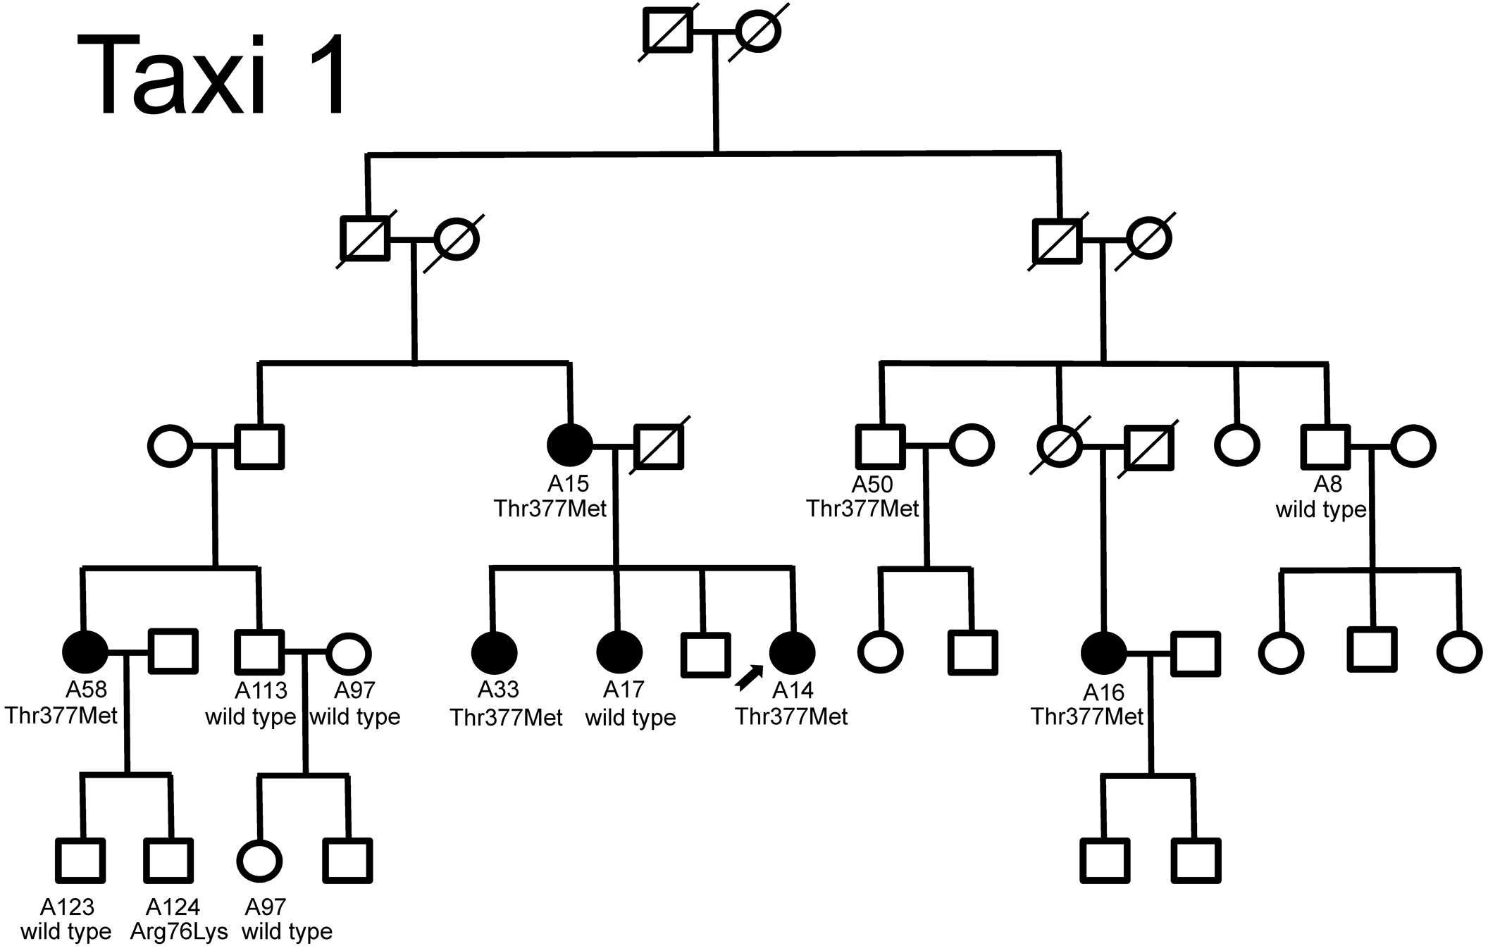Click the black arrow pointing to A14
[748, 678]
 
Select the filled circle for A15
[570, 445]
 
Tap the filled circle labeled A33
[494, 653]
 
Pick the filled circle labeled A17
[619, 652]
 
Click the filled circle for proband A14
[793, 652]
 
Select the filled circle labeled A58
[85, 652]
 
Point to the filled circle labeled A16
[1103, 653]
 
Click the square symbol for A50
[881, 447]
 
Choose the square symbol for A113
[259, 652]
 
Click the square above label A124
[169, 860]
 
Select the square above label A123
[80, 860]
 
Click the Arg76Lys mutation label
[179, 931]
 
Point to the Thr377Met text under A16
[1087, 717]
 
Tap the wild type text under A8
[1320, 509]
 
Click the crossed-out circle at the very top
[757, 32]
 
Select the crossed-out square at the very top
[667, 32]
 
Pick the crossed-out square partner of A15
[659, 445]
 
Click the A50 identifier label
[872, 485]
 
